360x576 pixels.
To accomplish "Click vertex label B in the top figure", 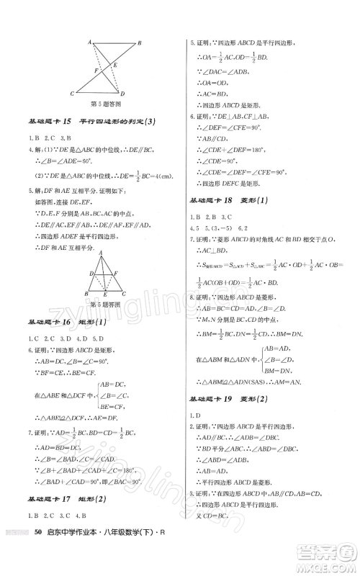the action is tap(139, 43).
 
